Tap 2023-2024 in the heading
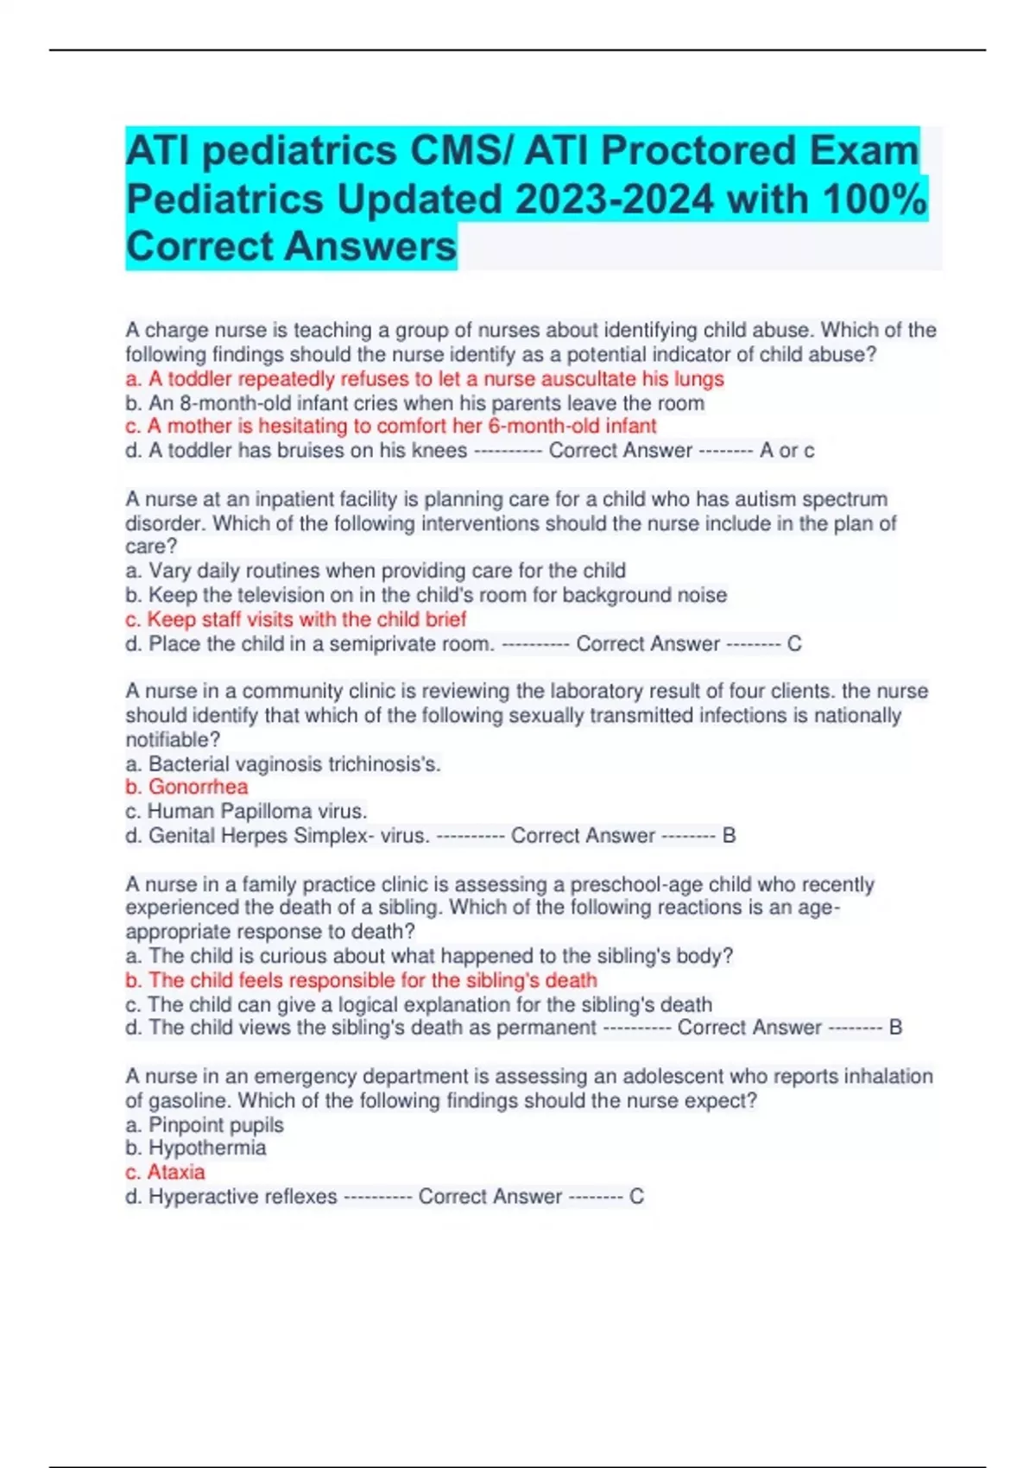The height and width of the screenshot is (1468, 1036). click(x=614, y=199)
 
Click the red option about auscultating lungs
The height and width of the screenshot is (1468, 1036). click(x=424, y=379)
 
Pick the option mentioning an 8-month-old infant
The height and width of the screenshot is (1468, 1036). click(x=414, y=403)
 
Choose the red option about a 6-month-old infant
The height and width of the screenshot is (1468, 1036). click(x=390, y=427)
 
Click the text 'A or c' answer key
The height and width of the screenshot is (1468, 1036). click(x=786, y=451)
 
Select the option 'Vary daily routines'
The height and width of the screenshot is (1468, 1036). click(x=376, y=571)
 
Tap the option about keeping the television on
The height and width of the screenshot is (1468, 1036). click(x=426, y=595)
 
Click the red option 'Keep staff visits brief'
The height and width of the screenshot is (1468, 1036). click(x=295, y=619)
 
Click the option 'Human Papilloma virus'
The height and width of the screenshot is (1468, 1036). click(x=246, y=811)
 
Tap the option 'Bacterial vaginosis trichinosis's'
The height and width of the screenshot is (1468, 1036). click(x=283, y=764)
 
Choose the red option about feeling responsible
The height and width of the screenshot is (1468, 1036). click(x=361, y=980)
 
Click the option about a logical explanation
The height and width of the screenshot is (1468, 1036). click(x=419, y=1004)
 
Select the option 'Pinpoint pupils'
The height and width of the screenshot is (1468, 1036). click(x=205, y=1125)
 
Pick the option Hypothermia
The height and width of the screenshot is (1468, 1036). click(x=196, y=1148)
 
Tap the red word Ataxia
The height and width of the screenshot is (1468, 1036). click(x=166, y=1172)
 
